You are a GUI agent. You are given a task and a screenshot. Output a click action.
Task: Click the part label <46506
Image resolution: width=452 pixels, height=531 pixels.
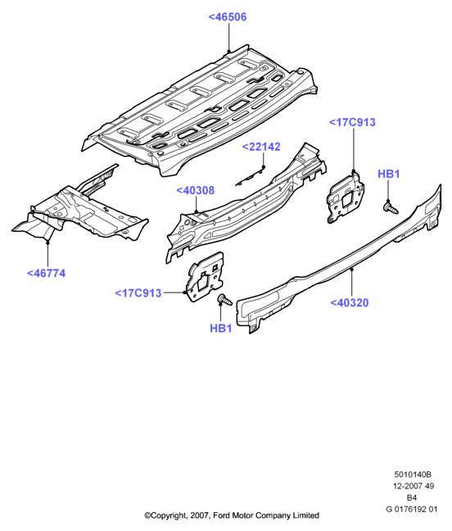coord(228,17)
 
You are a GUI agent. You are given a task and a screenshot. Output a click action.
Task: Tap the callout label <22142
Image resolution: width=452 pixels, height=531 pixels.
coord(261,147)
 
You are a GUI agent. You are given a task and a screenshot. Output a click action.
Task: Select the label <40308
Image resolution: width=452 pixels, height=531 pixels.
coord(195,190)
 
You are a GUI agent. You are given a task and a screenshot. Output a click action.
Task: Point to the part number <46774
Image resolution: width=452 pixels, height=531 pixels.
coord(46,274)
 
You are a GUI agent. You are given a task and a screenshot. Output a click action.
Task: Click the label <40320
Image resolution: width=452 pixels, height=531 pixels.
coord(349,302)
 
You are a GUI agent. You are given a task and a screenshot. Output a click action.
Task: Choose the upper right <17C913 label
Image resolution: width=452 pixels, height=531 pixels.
coord(352,122)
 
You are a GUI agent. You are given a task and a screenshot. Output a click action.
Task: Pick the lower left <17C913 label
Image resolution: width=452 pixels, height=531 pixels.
coord(138,293)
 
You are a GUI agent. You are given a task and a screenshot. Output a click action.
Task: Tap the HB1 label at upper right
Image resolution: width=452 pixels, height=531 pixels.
coord(389,174)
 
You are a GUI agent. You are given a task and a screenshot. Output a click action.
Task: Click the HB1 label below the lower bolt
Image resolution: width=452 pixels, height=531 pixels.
coord(220,328)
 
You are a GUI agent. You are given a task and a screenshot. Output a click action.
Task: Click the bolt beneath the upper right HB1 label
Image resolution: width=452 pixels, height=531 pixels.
coord(391,207)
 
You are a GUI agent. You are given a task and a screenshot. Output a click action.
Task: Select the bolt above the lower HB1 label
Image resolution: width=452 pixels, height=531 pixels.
coord(225,300)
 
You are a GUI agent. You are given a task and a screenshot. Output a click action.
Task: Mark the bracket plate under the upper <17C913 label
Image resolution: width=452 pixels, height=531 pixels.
coord(345,197)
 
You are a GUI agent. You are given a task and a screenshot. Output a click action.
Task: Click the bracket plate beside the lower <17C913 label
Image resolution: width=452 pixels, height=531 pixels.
coord(206,276)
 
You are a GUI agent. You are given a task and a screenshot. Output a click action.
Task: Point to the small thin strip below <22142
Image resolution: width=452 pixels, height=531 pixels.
coord(250,177)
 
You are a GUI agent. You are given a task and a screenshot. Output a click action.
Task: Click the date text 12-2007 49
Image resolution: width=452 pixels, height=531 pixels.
coord(413,486)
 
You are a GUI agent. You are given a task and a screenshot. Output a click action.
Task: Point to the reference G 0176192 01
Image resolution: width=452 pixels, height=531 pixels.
coord(411,509)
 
